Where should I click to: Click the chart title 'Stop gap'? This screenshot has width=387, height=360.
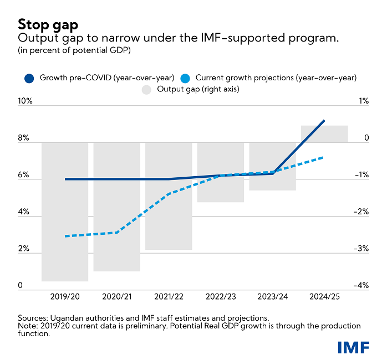pyautogui.click(x=48, y=24)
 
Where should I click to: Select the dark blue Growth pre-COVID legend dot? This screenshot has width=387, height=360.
pyautogui.click(x=30, y=78)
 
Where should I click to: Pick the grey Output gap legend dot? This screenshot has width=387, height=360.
pyautogui.click(x=147, y=89)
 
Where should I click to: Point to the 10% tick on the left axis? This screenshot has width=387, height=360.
pyautogui.click(x=26, y=101)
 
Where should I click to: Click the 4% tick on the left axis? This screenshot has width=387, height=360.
pyautogui.click(x=24, y=212)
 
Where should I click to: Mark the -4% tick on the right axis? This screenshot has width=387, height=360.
pyautogui.click(x=361, y=286)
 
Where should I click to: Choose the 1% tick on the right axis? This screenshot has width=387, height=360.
pyautogui.click(x=363, y=101)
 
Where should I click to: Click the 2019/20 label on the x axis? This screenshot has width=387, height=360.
pyautogui.click(x=64, y=297)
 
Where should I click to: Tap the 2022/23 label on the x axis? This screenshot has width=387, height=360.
pyautogui.click(x=220, y=297)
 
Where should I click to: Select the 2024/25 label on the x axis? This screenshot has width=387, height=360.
pyautogui.click(x=324, y=297)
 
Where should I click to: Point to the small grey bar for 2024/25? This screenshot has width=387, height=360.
pyautogui.click(x=324, y=134)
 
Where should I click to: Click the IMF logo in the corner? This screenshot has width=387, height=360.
pyautogui.click(x=353, y=347)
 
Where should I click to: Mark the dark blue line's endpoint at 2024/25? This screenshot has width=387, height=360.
pyautogui.click(x=324, y=120)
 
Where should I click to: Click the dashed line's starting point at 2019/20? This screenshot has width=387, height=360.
pyautogui.click(x=65, y=236)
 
